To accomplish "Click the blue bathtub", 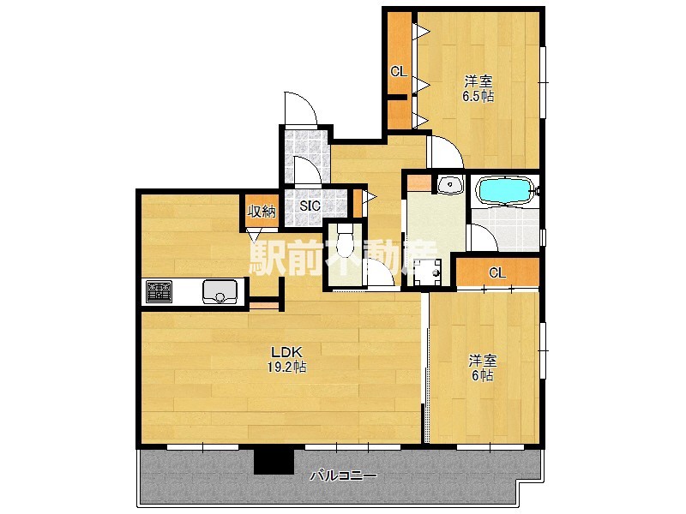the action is coord(505,190).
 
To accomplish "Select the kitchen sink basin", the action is coord(220,291).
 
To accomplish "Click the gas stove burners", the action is coord(159,291).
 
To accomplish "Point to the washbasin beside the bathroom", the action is coord(450,184).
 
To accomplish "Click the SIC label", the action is coord(310,206).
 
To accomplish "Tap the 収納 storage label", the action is coord(262,212).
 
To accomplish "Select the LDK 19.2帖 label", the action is coord(286,359).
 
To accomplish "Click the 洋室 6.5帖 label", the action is coord(478,88).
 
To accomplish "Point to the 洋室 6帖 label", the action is coord(483,368).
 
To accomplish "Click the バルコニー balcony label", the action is coord(344,475).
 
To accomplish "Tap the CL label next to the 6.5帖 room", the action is coord(399,71).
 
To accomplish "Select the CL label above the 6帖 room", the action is coord(497,272).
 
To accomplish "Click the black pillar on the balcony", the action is coord(274,461).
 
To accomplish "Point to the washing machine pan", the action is coord(427,272).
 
